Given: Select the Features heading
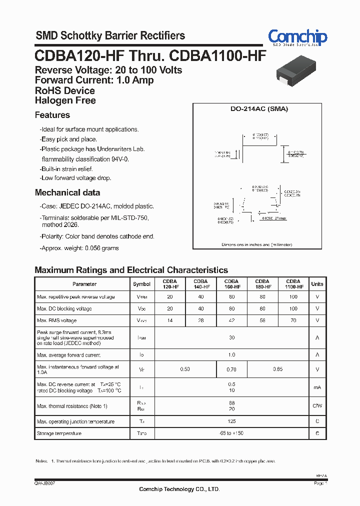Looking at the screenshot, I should [52, 115].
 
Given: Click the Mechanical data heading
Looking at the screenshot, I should [67, 192].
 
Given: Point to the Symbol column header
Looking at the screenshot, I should [141, 284].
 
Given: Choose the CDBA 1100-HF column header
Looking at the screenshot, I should [293, 284].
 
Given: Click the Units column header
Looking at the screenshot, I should [317, 284].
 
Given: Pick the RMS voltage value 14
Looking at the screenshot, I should [170, 320].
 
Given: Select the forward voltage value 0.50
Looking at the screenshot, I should [185, 369].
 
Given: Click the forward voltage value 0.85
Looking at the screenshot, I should [277, 369].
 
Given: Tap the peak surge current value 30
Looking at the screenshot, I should [231, 338].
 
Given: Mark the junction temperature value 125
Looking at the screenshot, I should [231, 421].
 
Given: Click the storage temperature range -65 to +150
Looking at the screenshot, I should [231, 433].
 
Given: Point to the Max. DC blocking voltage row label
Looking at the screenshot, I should [64, 308].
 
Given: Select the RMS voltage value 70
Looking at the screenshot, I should [293, 320].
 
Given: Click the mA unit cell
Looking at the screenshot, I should [317, 387].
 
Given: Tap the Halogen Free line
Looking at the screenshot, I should [65, 100].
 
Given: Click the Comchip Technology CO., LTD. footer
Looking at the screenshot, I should [179, 489].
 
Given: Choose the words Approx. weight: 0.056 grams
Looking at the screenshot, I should [79, 248].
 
